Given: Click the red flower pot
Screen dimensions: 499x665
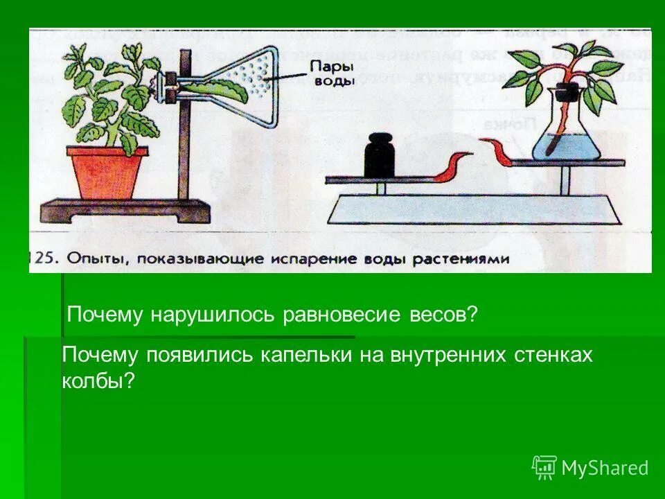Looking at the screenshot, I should [x=110, y=173].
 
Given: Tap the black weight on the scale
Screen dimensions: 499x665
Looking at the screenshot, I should [x=379, y=157].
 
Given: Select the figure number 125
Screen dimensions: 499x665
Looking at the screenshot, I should [x=43, y=259].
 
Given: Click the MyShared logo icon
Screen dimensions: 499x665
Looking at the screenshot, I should [x=544, y=467].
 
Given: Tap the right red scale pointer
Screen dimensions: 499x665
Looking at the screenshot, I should [x=497, y=150].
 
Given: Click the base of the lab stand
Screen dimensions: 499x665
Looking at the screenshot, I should [x=125, y=209].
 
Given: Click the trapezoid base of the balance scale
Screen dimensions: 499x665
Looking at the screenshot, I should [x=475, y=208].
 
